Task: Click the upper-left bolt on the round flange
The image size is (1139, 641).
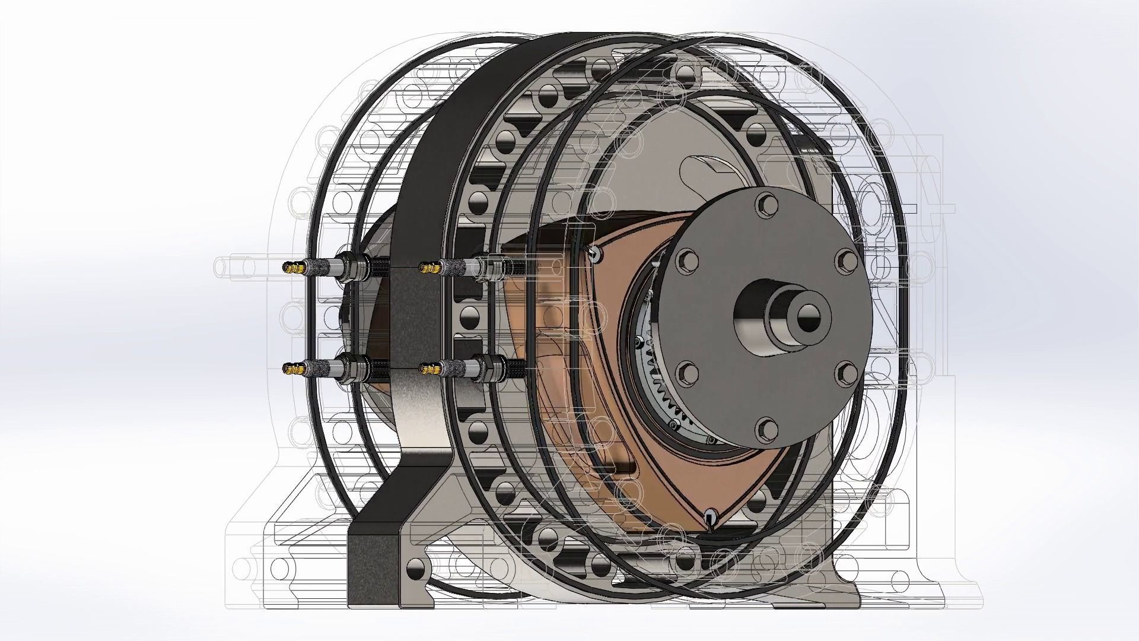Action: pos(686,258)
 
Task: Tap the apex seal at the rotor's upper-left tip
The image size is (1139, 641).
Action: pos(594,253)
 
